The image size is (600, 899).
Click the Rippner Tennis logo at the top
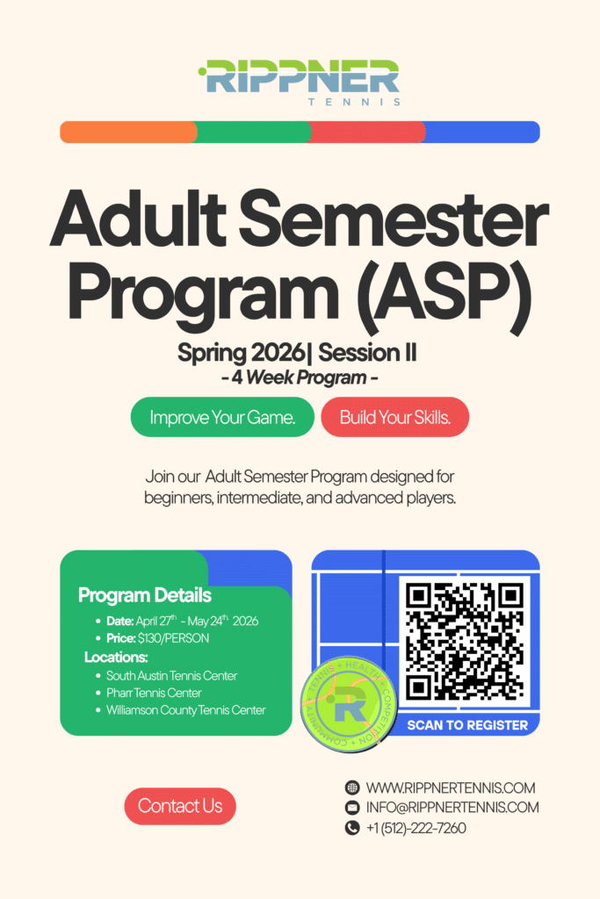point(299,82)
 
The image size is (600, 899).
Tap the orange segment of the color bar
point(127,133)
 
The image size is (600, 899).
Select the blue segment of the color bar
point(481,133)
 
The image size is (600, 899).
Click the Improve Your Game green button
point(221,417)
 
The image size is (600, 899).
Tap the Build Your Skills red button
point(395,417)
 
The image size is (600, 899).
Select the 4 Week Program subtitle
point(299,378)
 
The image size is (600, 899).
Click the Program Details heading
point(145,595)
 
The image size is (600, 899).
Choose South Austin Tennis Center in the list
point(171,676)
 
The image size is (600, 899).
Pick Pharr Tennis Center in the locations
point(154,693)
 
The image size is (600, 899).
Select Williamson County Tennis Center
point(185,710)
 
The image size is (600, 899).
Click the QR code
point(465,640)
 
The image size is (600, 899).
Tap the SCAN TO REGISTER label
point(467,725)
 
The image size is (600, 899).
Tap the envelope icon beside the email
point(352,808)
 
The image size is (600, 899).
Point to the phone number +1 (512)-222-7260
point(416,828)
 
